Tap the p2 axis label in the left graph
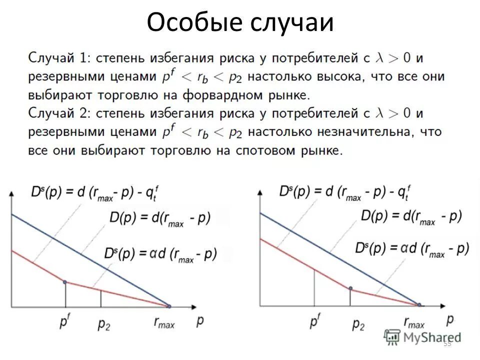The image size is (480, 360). pyautogui.click(x=103, y=323)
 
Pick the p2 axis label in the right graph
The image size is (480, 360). pyautogui.click(x=358, y=324)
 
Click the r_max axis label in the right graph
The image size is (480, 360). pyautogui.click(x=414, y=323)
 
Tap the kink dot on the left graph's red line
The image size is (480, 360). pyautogui.click(x=65, y=282)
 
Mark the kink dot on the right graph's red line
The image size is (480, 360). pyautogui.click(x=350, y=288)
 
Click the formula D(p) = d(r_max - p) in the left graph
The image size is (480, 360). pyautogui.click(x=160, y=218)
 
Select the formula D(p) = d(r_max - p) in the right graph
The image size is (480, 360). pyautogui.click(x=411, y=216)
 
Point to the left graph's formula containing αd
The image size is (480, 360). pyautogui.click(x=160, y=254)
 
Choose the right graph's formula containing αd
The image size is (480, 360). pyautogui.click(x=412, y=249)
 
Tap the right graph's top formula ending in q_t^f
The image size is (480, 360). pyautogui.click(x=345, y=191)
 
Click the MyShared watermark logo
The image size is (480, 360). pyautogui.click(x=423, y=337)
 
